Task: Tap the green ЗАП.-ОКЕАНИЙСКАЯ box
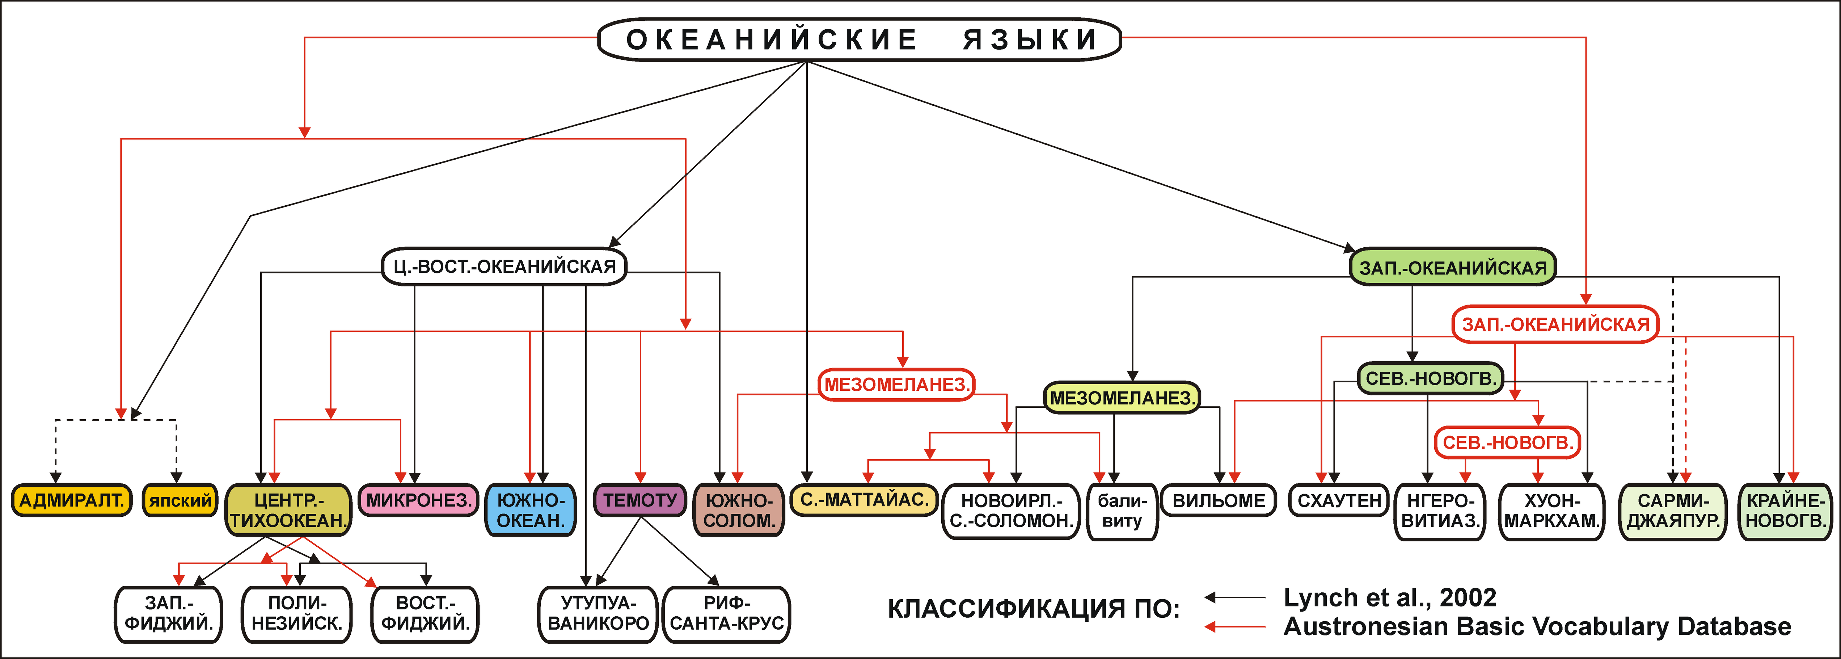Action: tap(1452, 267)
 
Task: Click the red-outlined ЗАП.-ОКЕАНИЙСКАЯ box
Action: tap(1555, 324)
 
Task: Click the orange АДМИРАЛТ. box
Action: tap(71, 500)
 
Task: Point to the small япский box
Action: tap(180, 500)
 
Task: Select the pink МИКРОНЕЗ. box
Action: tap(419, 500)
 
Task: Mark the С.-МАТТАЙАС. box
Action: tap(864, 500)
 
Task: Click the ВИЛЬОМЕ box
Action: tap(1219, 500)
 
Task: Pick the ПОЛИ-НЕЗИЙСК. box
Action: tap(297, 613)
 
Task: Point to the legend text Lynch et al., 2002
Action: tap(1390, 597)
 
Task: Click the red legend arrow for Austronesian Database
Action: tap(1235, 627)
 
